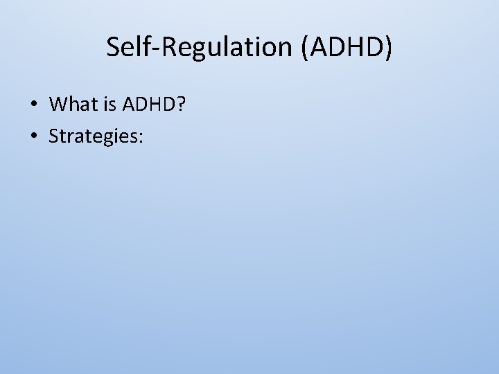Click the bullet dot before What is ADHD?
(33, 105)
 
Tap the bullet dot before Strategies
(33, 136)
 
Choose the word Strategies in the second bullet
(93, 136)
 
